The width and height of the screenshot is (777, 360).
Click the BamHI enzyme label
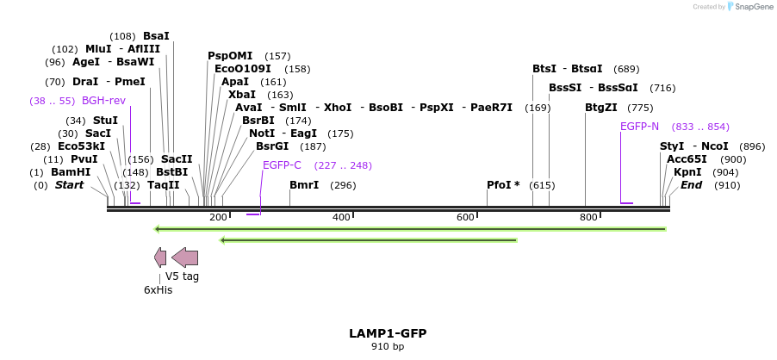tap(71, 172)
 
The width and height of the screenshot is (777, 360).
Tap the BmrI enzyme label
tap(304, 185)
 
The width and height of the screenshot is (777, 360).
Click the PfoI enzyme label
tap(503, 185)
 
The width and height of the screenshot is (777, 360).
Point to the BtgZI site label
tap(601, 108)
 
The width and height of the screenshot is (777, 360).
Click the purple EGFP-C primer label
tap(282, 165)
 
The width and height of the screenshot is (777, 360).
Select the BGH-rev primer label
tap(103, 101)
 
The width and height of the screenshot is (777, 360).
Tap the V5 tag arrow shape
tap(185, 257)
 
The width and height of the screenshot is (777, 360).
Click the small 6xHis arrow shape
tap(160, 257)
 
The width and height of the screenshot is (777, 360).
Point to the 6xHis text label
tap(158, 290)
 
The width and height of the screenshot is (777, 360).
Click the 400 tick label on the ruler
tap(341, 217)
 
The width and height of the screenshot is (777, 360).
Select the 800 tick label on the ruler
tap(588, 217)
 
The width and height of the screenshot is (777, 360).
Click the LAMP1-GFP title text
tap(388, 333)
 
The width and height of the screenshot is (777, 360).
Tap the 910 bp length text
tap(388, 347)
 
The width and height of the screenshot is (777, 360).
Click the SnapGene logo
tap(747, 7)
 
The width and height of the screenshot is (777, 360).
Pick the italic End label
tap(692, 185)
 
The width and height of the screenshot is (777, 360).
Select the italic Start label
tap(70, 185)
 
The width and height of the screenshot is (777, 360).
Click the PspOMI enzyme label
tap(230, 56)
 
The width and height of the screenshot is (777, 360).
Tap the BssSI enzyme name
tap(565, 88)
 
